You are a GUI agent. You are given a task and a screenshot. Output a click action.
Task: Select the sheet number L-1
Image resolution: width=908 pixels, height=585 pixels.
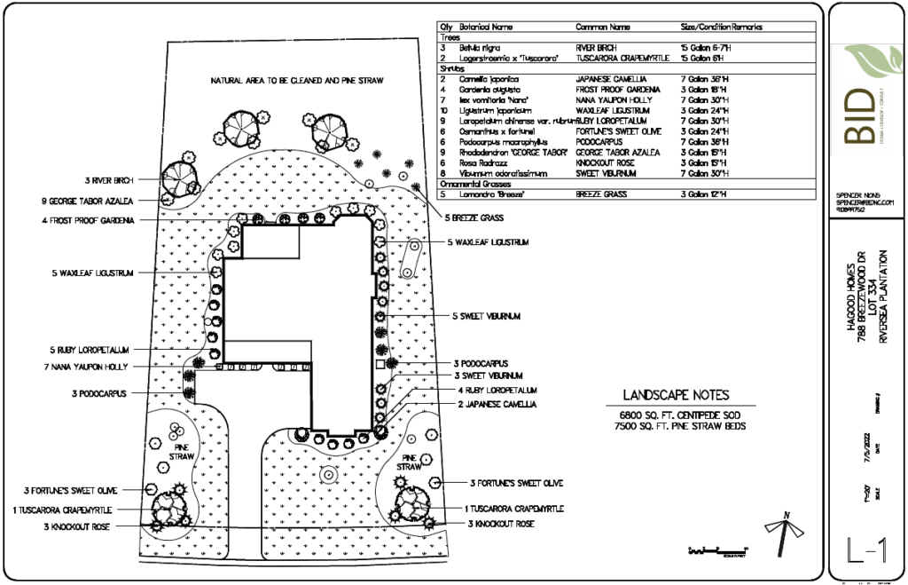coord(866,552)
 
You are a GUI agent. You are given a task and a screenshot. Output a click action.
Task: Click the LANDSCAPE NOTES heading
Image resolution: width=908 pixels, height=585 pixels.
coord(677,395)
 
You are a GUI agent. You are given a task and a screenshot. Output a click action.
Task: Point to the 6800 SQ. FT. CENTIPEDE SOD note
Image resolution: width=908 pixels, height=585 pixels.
coord(676,415)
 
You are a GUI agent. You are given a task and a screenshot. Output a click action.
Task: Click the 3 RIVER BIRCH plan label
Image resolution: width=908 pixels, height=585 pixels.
coord(108,181)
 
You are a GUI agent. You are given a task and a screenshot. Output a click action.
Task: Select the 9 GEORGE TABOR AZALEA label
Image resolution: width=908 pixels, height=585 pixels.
coord(88,201)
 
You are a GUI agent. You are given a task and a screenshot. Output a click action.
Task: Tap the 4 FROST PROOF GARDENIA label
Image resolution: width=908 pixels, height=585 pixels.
coord(88,221)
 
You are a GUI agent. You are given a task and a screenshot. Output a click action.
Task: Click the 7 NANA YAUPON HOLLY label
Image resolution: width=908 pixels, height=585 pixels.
coord(85,366)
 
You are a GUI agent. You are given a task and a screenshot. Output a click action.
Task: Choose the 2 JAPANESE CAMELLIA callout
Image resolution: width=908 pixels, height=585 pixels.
coord(497,405)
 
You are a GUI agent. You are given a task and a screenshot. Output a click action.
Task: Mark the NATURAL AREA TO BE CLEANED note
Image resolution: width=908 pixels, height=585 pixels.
coord(296,81)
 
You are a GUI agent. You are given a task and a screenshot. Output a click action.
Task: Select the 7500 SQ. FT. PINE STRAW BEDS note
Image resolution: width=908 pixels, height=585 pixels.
coord(676,426)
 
